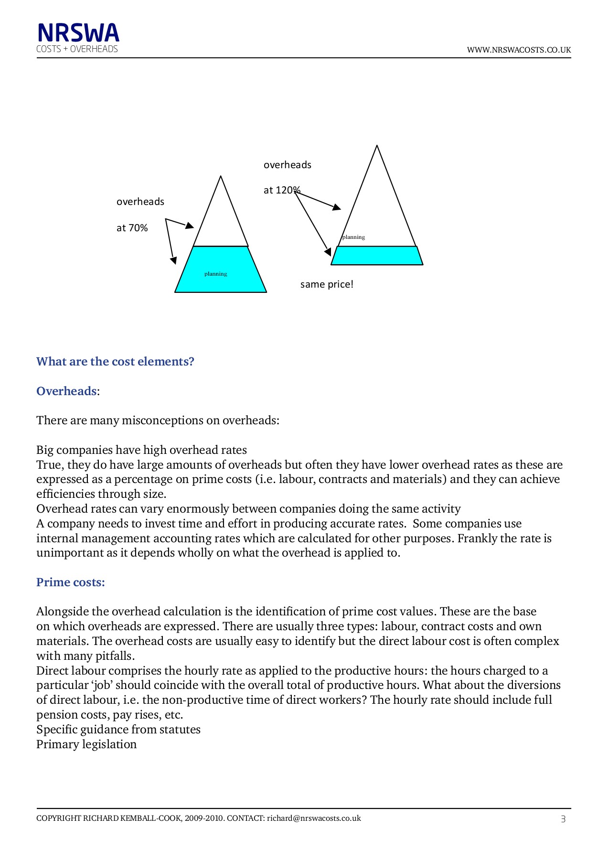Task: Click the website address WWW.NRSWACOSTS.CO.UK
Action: (x=519, y=50)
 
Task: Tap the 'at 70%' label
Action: (x=132, y=228)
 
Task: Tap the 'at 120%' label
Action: (x=281, y=190)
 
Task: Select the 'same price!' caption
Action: (x=327, y=284)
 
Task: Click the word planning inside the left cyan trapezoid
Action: (x=216, y=274)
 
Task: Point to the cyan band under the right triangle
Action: (x=377, y=256)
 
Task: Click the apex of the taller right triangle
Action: (x=377, y=146)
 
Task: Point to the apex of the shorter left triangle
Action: (x=221, y=177)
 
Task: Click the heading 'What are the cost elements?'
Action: (x=115, y=362)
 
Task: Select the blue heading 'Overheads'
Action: (x=66, y=391)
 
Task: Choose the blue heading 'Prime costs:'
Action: (x=70, y=582)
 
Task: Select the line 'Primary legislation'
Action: (x=86, y=744)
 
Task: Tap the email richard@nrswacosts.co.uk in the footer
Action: (x=314, y=818)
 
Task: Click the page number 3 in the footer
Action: (x=563, y=819)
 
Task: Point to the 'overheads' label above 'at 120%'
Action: (x=287, y=165)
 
